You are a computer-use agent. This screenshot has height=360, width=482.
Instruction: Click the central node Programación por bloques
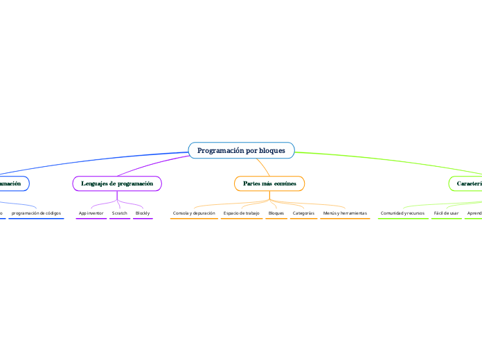point(241,150)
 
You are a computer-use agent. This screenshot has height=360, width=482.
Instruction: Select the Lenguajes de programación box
point(117,183)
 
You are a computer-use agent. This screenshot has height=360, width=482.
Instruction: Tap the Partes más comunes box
point(269,183)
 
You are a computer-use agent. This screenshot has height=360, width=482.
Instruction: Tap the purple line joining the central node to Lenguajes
point(152,166)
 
